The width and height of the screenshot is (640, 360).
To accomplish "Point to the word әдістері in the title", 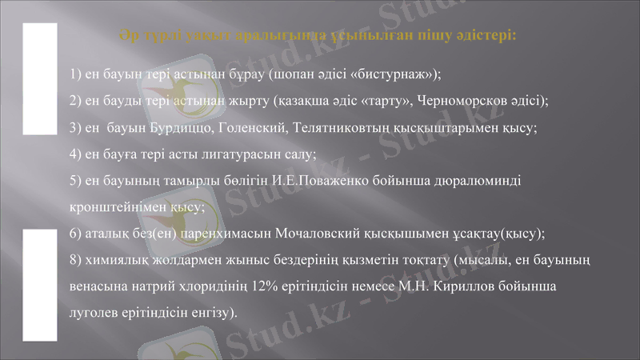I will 482,36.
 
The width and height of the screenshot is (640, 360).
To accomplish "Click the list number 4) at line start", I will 76,154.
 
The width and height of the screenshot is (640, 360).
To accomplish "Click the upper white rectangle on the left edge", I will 38,78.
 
